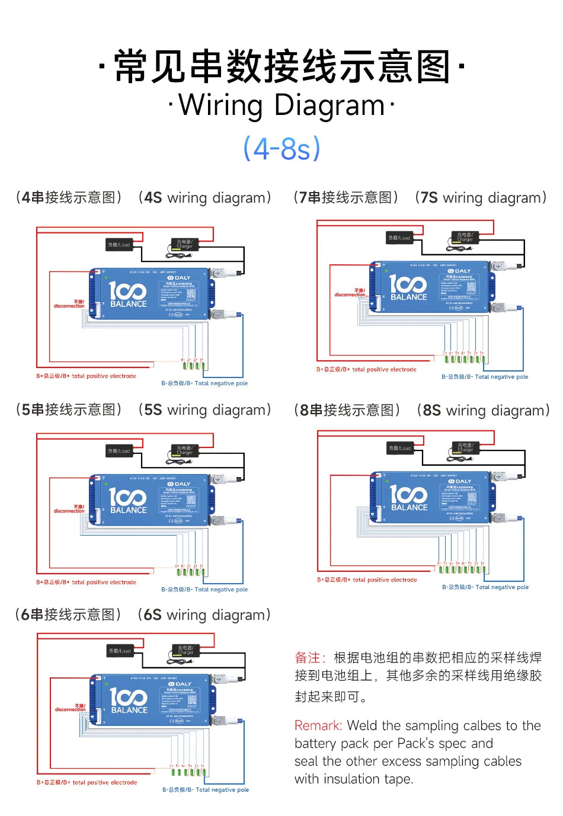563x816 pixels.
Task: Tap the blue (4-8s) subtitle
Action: (281, 148)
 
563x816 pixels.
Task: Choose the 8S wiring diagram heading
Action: (421, 410)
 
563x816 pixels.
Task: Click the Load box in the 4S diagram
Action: (119, 245)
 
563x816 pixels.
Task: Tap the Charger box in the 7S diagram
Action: (465, 237)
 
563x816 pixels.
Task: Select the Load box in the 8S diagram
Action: (400, 448)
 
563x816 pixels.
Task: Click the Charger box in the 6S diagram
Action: (185, 650)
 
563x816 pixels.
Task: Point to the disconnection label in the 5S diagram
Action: (69, 509)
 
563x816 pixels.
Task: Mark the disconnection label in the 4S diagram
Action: (69, 304)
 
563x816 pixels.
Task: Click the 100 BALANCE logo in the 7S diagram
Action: (408, 287)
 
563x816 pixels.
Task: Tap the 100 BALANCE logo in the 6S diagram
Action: (129, 700)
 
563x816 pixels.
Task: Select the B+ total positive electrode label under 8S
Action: (367, 580)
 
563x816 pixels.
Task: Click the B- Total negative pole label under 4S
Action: (204, 383)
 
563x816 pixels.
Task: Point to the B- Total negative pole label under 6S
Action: (206, 789)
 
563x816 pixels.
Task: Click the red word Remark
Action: (318, 725)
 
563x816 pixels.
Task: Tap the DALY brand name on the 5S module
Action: (179, 484)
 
